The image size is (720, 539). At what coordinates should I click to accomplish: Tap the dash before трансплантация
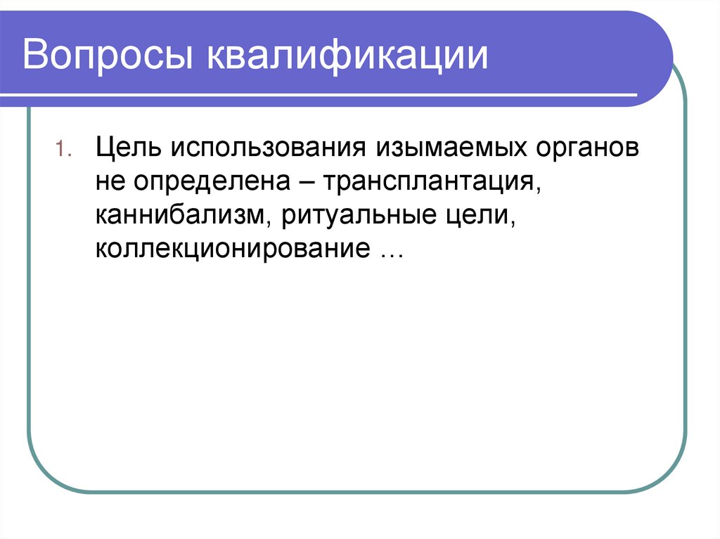coord(311,182)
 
